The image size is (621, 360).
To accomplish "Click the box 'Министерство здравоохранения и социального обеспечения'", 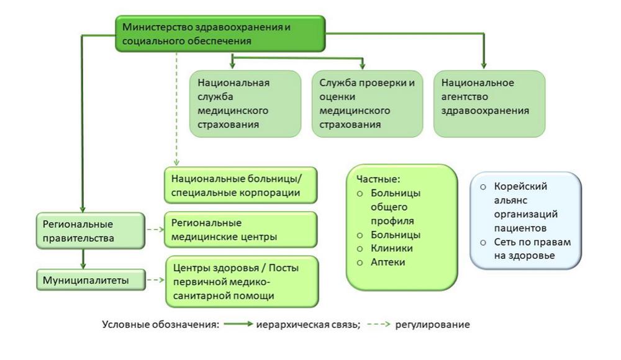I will click(x=220, y=34).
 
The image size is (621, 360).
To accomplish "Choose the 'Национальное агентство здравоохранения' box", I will click(x=489, y=103).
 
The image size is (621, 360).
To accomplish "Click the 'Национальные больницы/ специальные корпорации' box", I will click(x=241, y=185).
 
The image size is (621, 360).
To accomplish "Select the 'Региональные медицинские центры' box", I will click(x=241, y=229).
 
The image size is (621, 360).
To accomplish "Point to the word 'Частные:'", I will click(x=374, y=179).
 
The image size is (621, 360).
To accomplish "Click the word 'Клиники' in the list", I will click(x=391, y=248).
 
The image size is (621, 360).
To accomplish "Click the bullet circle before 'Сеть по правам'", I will click(x=483, y=242).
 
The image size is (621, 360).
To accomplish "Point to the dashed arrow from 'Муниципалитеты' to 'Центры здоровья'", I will click(x=155, y=281).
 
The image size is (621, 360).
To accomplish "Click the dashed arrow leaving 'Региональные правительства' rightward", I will click(x=155, y=229).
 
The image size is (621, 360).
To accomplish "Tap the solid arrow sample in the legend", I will click(x=238, y=325).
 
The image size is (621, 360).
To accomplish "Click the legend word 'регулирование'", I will click(x=433, y=325).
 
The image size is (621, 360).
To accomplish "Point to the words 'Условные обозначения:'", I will click(x=160, y=325).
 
